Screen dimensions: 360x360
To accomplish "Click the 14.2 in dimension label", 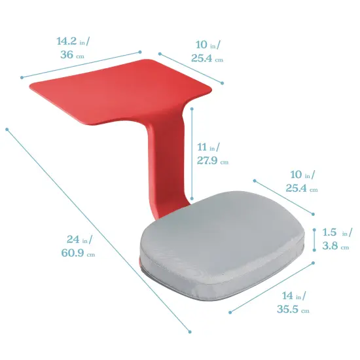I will point(73,41).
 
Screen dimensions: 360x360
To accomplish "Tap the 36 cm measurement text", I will point(71,56).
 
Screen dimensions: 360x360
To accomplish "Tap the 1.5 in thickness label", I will point(338,232).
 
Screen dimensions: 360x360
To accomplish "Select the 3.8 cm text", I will point(336,247).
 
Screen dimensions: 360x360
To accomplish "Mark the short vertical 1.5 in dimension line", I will point(315,240).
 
